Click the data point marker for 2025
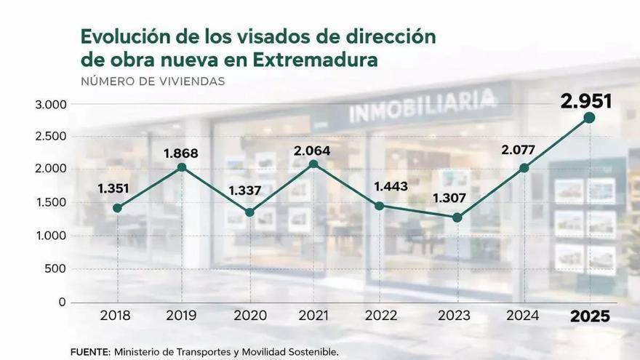pyautogui.click(x=589, y=118)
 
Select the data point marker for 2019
pyautogui.click(x=181, y=167)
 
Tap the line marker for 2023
pyautogui.click(x=457, y=217)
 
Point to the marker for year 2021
pyautogui.click(x=313, y=164)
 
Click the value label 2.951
pyautogui.click(x=585, y=100)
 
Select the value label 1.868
pyautogui.click(x=180, y=153)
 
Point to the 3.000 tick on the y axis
pyautogui.click(x=50, y=105)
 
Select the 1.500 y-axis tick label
pyautogui.click(x=50, y=202)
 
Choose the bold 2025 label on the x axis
pyautogui.click(x=590, y=316)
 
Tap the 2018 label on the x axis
pyautogui.click(x=116, y=316)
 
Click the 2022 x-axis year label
pyautogui.click(x=381, y=316)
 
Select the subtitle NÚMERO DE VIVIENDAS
pyautogui.click(x=152, y=81)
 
